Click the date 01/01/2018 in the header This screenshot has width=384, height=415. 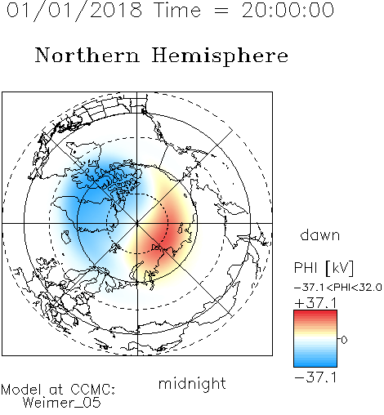[74, 11]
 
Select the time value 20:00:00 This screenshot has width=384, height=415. [288, 10]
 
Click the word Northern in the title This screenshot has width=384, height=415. [87, 55]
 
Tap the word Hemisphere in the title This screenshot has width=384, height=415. [220, 56]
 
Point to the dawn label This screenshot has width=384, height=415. [320, 234]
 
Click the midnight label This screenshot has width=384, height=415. [192, 383]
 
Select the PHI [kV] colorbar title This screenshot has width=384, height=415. [324, 268]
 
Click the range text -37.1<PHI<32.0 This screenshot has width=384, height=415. [338, 288]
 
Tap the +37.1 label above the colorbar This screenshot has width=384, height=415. [315, 303]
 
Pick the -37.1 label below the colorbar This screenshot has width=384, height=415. [315, 377]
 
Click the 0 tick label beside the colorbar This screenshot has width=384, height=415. [344, 340]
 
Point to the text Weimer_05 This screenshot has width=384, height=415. [62, 402]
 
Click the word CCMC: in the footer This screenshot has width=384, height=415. [93, 390]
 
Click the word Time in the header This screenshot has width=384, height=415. [177, 11]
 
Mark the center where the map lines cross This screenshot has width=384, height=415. [137, 223]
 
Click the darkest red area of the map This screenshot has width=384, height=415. [166, 234]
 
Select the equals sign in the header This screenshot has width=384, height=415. [221, 11]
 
